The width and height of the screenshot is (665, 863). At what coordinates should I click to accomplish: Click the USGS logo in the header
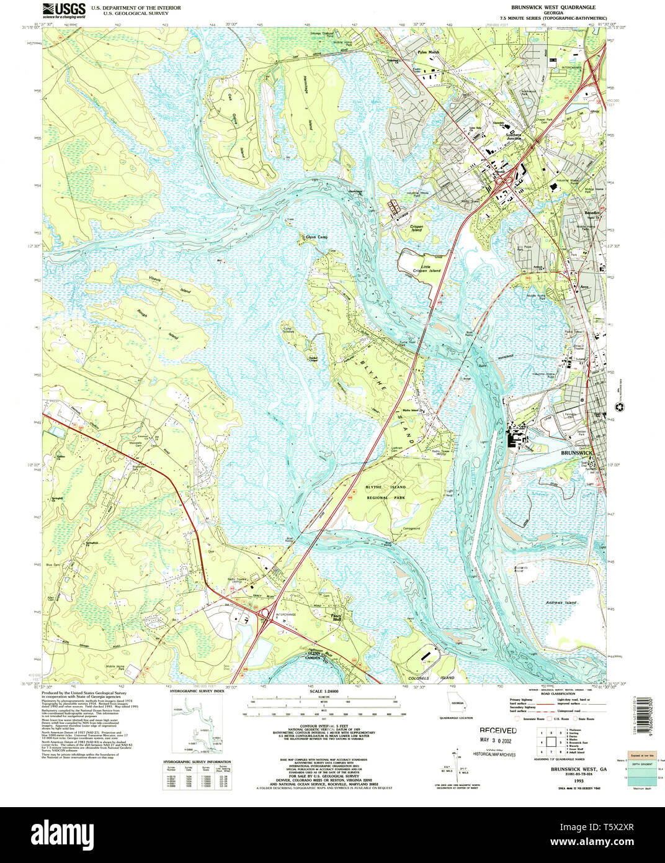[x=64, y=9]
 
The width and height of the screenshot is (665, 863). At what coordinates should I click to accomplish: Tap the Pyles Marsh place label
[x=428, y=53]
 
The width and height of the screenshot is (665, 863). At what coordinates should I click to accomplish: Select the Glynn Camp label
[x=316, y=237]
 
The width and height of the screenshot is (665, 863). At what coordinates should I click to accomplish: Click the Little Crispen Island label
[x=427, y=268]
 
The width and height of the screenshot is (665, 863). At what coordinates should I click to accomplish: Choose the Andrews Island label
[x=561, y=602]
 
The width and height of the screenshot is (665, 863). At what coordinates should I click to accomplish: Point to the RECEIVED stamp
[x=498, y=731]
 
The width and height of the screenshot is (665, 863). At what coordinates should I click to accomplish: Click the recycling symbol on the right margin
[x=618, y=407]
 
